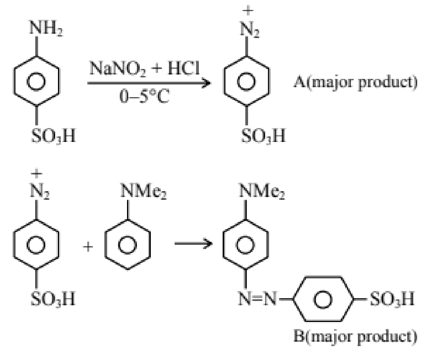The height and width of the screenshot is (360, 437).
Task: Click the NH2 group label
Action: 46,28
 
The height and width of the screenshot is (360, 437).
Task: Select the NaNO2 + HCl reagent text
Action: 144,69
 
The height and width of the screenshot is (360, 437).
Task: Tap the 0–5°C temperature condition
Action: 144,96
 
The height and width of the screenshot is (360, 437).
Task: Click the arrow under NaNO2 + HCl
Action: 149,83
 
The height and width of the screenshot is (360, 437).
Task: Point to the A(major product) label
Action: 356,83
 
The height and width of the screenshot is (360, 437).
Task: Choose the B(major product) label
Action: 356,336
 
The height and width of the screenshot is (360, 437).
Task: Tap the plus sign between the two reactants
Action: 88,247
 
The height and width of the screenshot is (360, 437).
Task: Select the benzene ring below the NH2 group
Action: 36,81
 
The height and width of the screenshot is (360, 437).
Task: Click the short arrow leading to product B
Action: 193,243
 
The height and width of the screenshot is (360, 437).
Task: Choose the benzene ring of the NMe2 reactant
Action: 128,245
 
